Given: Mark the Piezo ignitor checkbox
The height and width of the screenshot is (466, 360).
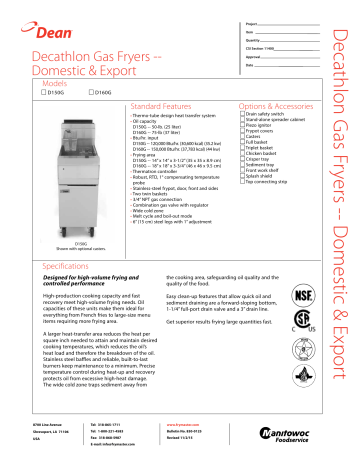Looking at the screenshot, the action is (x=243, y=126).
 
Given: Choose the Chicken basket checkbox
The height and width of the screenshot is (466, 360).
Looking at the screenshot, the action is (x=243, y=153).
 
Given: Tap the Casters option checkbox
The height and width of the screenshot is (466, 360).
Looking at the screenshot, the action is (x=243, y=137).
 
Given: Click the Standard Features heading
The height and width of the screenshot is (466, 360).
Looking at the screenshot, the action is (x=164, y=104).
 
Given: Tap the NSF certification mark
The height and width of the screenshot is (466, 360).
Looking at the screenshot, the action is (x=301, y=298).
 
